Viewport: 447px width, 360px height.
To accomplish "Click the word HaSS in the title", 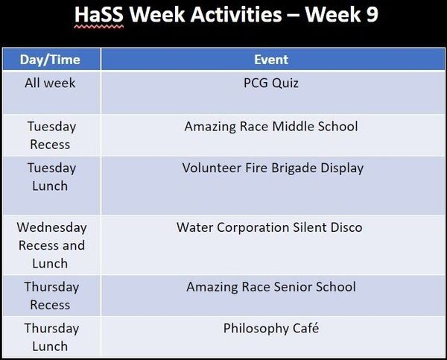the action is (x=99, y=15).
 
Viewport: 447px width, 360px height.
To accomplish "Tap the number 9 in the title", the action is (x=372, y=15).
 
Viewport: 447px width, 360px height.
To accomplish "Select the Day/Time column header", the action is (x=50, y=60).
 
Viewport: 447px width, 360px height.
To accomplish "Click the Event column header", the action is (x=271, y=60).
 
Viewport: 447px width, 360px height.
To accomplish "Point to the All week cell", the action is (x=50, y=83).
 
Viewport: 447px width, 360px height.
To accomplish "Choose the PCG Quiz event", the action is (x=271, y=83).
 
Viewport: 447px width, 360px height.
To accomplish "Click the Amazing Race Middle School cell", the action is (x=271, y=127).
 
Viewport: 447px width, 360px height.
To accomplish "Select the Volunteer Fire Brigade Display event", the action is (x=273, y=168).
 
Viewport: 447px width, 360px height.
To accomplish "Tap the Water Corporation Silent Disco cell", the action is (x=270, y=227).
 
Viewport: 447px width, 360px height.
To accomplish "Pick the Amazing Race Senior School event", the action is (x=271, y=287).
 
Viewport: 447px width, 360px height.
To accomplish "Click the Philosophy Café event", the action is (x=271, y=328).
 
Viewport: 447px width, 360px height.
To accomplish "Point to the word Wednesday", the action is (x=51, y=227).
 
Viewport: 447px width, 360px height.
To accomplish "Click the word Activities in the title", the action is (x=236, y=15).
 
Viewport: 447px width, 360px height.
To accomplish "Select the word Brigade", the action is (x=294, y=168).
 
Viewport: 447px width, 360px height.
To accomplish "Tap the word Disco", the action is (x=346, y=227).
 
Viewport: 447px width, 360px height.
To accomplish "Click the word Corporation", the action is (x=253, y=227).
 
